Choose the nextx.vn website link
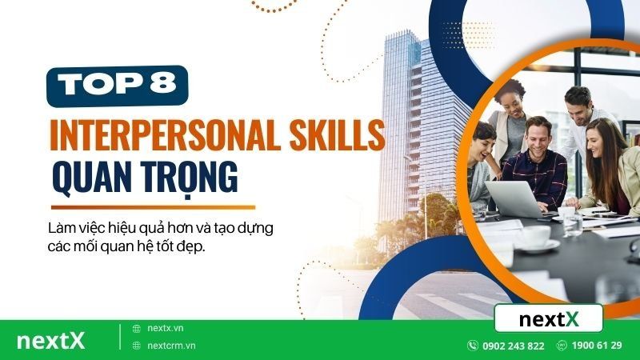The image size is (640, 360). click(166, 329)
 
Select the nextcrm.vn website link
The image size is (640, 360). click(171, 346)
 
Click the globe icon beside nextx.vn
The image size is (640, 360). click(136, 329)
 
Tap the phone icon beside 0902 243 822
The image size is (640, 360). click(472, 346)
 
